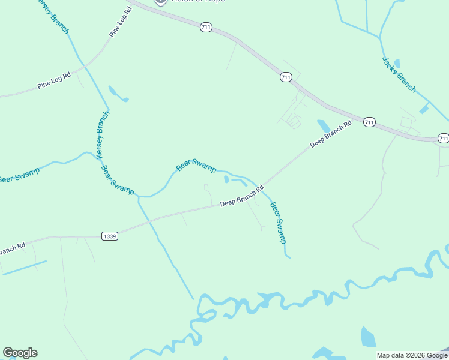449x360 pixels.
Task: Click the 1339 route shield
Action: coord(109,236)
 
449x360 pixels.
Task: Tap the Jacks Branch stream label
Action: coord(399,74)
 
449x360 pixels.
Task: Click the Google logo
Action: coord(20,353)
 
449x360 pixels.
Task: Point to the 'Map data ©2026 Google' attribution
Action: coord(412,355)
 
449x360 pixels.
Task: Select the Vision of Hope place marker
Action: coord(160,2)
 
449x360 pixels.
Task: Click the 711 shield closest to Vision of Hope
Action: coord(206,28)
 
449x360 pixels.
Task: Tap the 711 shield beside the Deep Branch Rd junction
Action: coord(369,122)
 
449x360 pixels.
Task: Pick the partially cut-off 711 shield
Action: coord(443,138)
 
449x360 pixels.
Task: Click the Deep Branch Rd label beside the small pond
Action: coord(331,136)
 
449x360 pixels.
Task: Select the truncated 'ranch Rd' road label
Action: coord(12,248)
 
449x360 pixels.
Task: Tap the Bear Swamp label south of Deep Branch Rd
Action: coord(278,223)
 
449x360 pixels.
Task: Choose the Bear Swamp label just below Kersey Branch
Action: coord(118,179)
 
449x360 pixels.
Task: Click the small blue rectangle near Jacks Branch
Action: coord(425,109)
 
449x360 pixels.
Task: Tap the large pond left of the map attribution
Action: coord(368,337)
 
